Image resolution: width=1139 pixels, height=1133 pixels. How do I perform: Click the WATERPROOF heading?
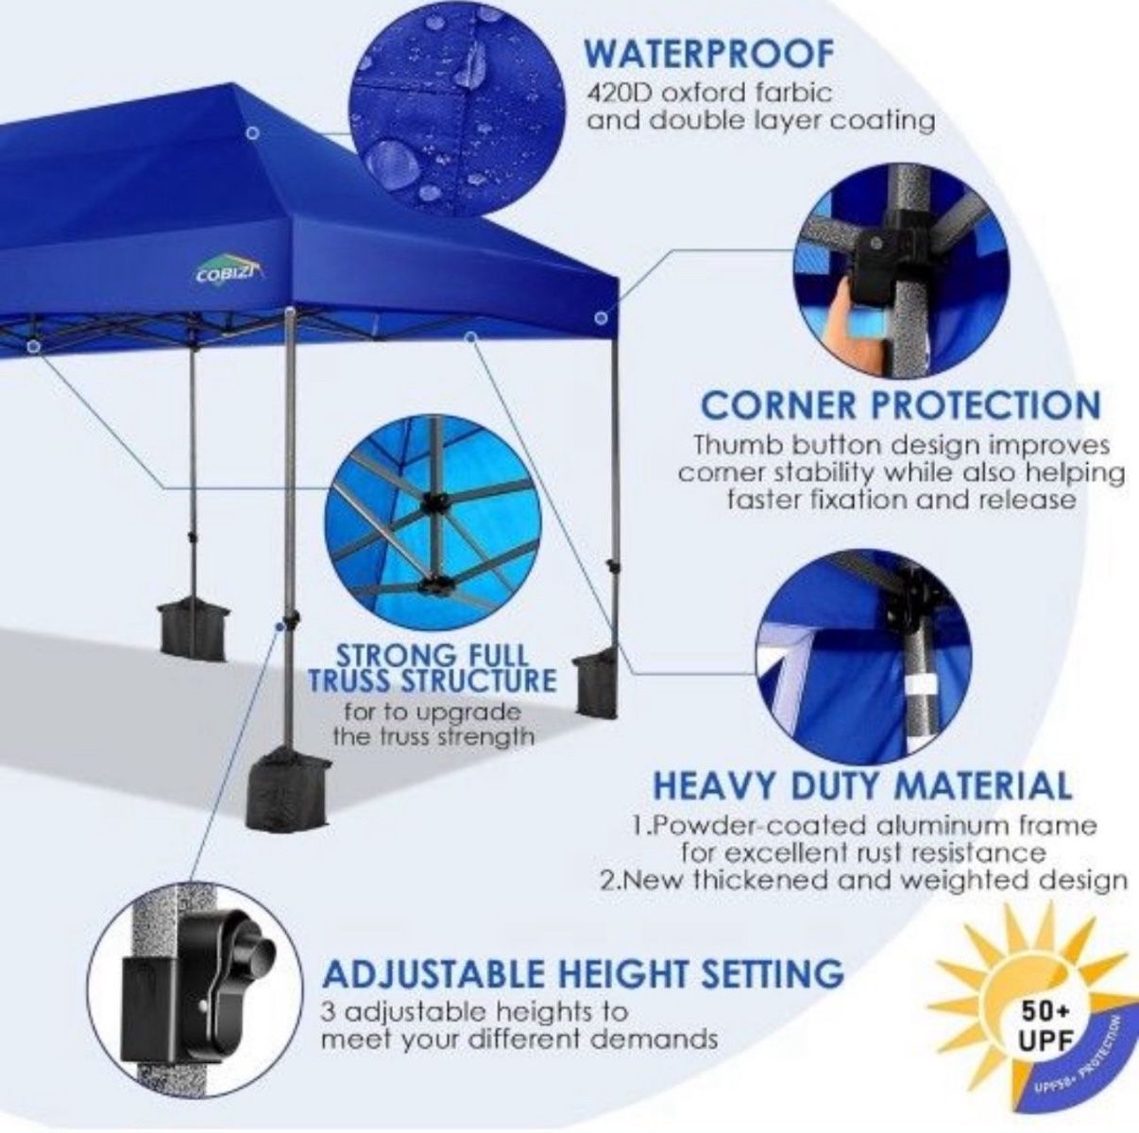[708, 54]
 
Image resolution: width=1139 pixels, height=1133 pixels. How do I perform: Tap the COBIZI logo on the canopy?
[229, 273]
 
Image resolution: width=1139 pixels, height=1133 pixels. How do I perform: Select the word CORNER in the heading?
[776, 405]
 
